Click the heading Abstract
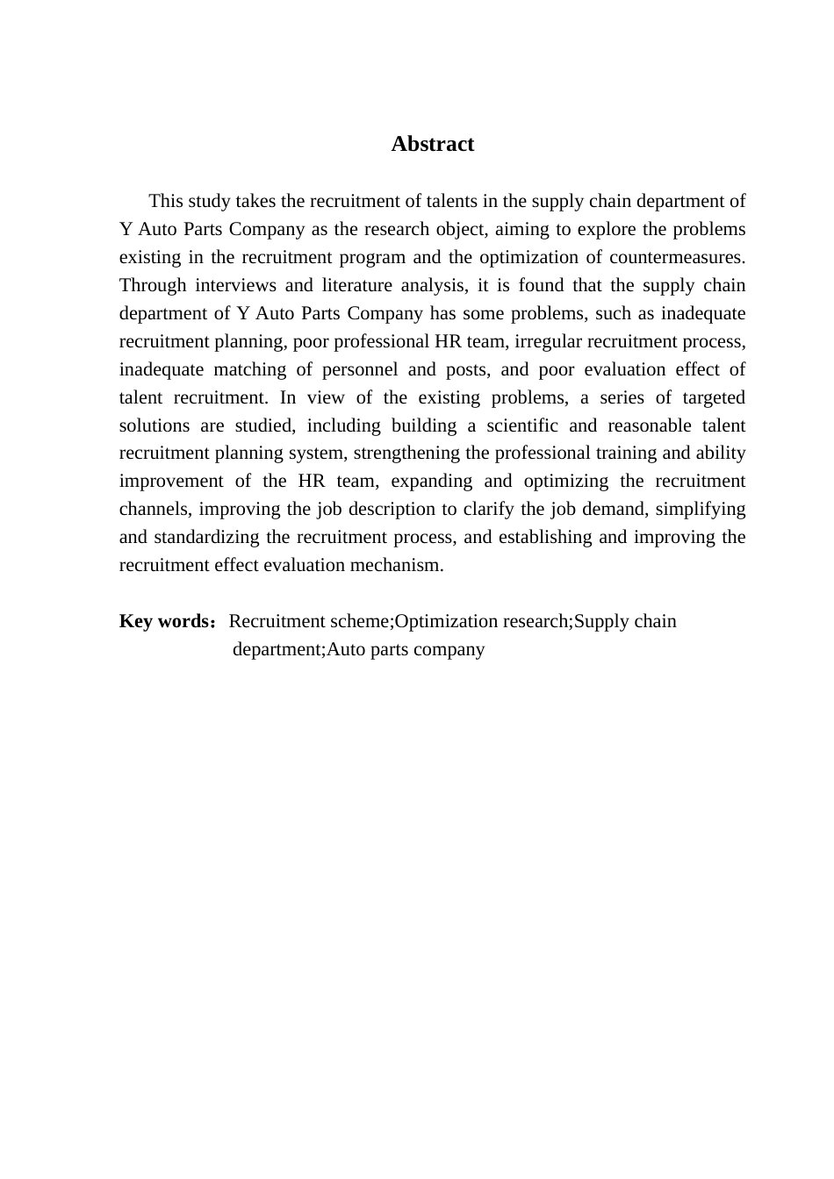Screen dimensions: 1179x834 [432, 144]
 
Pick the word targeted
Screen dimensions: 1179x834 [709, 397]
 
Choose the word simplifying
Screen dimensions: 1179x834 [701, 509]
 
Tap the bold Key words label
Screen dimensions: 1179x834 [163, 621]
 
